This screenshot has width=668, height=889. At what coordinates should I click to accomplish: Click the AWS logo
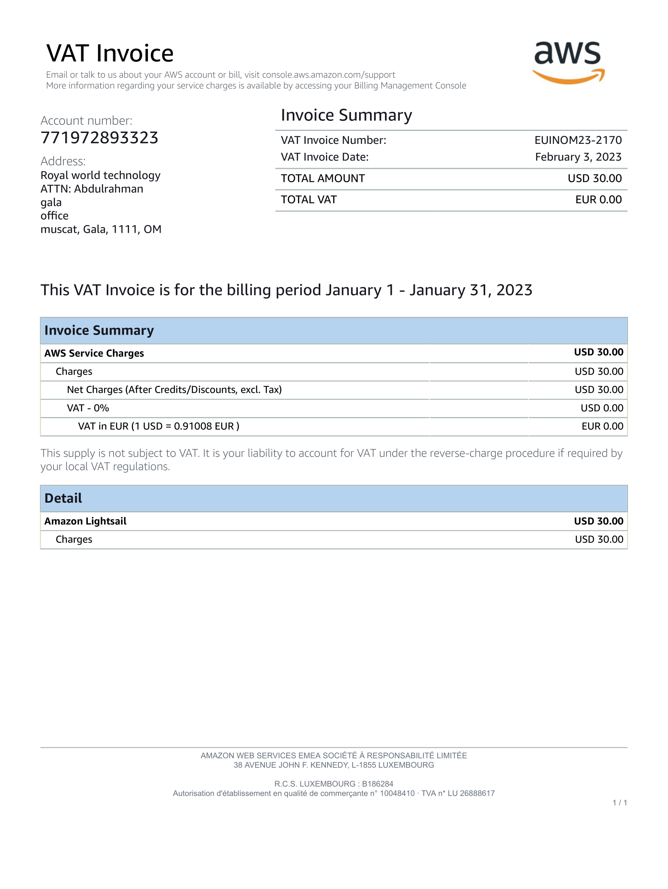tap(569, 63)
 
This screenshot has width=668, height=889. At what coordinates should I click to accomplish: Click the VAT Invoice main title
tap(110, 53)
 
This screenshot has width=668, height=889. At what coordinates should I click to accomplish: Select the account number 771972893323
tap(99, 138)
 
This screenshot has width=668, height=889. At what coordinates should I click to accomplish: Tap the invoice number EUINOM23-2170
tap(578, 140)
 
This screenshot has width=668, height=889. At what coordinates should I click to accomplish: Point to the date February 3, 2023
tap(578, 157)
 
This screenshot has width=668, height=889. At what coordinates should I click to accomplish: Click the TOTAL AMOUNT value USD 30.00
tap(594, 179)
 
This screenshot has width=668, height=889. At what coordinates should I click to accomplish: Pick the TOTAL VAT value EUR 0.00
tap(598, 200)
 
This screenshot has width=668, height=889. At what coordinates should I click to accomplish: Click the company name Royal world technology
tap(100, 175)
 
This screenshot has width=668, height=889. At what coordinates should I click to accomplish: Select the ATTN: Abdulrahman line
tap(92, 189)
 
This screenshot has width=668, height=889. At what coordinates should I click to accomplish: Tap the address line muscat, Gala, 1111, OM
tap(101, 230)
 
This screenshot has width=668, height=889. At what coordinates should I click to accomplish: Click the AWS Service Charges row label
tap(94, 354)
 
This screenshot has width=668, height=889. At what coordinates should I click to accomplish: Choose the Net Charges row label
tap(174, 390)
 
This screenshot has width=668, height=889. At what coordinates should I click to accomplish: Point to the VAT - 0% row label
tap(88, 408)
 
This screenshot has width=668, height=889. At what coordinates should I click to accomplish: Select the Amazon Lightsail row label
tap(85, 521)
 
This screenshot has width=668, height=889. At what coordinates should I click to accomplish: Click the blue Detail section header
tap(334, 498)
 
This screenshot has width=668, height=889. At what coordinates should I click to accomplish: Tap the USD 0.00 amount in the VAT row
tap(602, 408)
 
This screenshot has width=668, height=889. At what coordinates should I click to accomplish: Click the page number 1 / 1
tap(619, 803)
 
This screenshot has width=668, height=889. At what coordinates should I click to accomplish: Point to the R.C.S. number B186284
tap(377, 784)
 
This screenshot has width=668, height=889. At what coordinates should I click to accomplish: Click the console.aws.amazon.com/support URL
tap(328, 75)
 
